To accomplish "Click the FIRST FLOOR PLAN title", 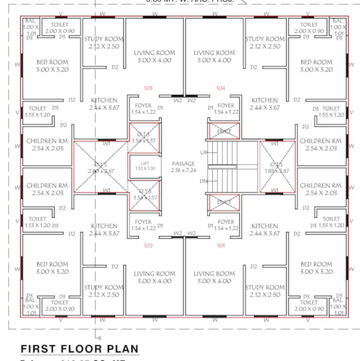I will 80,349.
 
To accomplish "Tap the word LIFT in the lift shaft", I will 145,163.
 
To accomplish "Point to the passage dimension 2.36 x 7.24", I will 184,170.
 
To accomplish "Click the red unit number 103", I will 148,88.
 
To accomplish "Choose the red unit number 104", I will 221,88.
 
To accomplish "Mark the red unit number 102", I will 148,245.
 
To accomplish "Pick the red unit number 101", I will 221,245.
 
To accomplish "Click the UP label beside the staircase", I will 203,153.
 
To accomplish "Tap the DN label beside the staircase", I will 203,181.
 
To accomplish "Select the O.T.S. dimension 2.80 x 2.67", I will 101,171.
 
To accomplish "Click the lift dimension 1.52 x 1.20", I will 145,168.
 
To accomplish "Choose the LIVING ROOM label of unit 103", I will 154,53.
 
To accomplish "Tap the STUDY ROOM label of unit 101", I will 265,287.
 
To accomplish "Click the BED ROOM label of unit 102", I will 52,264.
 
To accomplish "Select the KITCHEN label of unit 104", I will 265,100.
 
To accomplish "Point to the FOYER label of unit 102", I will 143,222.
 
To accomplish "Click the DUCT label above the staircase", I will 224,132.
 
